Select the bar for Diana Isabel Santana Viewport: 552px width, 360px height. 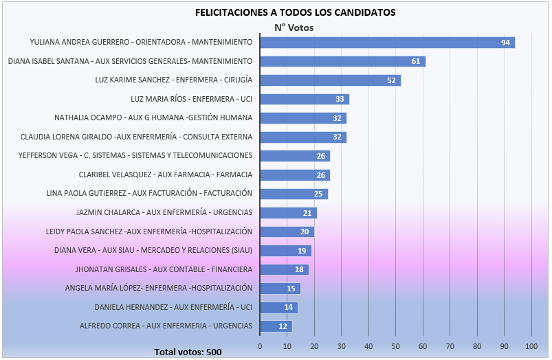point(342,61)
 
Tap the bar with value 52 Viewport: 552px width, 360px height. point(330,80)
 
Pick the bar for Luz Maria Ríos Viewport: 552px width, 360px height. point(305,99)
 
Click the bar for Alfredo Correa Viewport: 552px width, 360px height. point(276,326)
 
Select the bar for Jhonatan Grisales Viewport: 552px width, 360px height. point(284,269)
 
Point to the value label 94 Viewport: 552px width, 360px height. point(505,43)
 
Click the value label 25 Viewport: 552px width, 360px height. point(318,194)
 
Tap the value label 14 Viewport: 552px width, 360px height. point(288,307)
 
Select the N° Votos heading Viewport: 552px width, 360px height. point(294,27)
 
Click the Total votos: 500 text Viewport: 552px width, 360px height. point(188,352)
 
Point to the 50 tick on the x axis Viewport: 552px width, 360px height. point(395,346)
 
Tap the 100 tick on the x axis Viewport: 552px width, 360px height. point(531,346)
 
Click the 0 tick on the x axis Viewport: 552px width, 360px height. point(260,346)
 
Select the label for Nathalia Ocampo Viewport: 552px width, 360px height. point(153,117)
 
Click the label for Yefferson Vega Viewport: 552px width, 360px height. point(135,155)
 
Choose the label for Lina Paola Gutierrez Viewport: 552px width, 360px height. point(149,193)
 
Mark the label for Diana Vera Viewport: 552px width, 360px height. point(153,250)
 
